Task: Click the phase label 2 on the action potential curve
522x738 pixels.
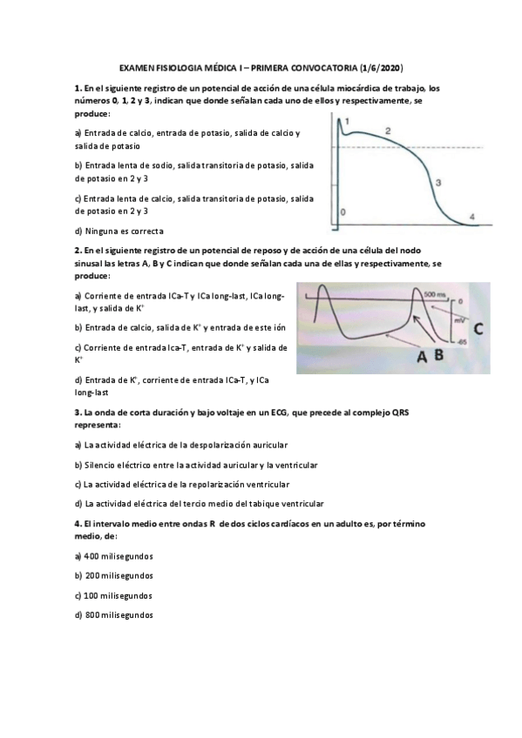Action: tap(388, 131)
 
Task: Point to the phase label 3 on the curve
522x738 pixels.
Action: tap(437, 183)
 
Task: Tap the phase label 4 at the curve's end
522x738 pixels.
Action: tap(471, 216)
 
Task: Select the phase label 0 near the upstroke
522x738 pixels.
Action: tap(342, 211)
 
